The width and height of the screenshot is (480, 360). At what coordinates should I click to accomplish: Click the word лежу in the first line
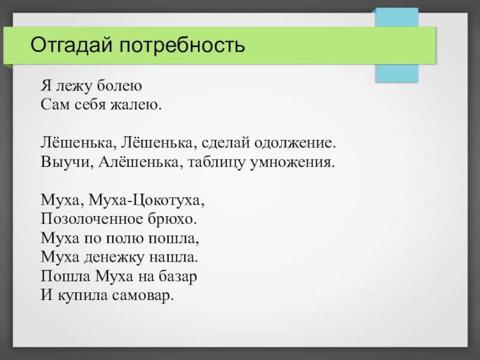(x=74, y=87)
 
